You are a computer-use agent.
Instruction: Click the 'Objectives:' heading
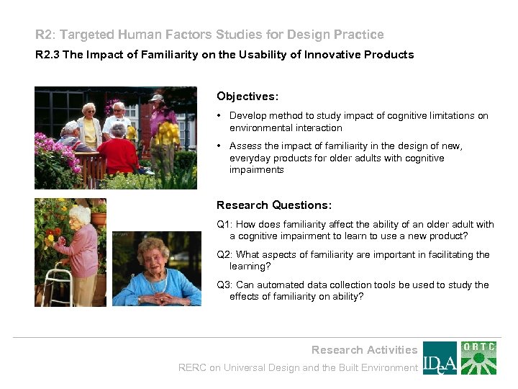pos(247,96)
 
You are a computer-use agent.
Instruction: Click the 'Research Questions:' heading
pos(274,205)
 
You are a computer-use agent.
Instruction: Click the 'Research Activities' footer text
pos(364,350)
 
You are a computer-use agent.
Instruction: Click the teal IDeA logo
pos(439,358)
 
